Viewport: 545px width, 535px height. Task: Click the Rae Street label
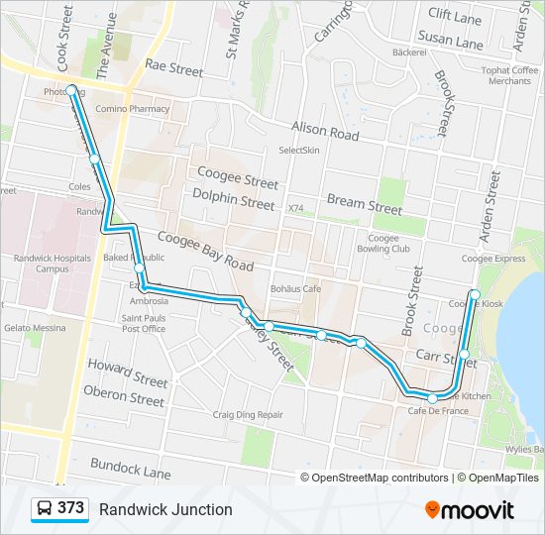[x=173, y=69]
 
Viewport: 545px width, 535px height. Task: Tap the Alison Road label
[x=324, y=130]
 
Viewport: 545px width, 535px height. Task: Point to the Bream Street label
[x=365, y=204]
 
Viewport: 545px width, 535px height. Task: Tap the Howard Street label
[x=128, y=374]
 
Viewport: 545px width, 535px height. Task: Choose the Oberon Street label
[x=124, y=397]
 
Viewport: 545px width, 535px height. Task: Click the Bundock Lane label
[x=130, y=468]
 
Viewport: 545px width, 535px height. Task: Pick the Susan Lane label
[x=450, y=42]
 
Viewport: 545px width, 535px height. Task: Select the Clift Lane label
[x=454, y=14]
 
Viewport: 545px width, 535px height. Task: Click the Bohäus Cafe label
[x=295, y=288]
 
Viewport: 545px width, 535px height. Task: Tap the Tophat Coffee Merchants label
[x=508, y=75]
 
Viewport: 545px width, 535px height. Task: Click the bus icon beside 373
[x=45, y=509]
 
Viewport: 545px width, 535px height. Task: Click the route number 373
[x=70, y=508]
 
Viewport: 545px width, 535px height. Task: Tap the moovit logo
[x=470, y=509]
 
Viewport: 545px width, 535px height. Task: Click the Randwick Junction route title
[x=165, y=509]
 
